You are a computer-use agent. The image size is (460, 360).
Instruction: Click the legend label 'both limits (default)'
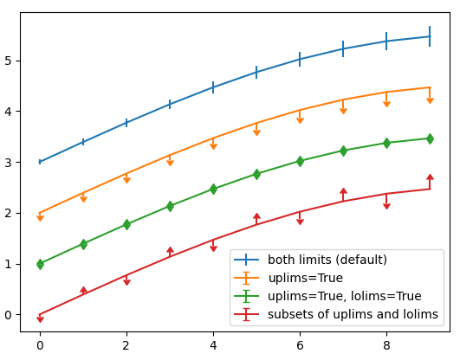click(327, 260)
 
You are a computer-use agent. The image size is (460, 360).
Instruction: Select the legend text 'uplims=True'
click(305, 278)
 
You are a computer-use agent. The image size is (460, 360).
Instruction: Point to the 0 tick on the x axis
click(40, 345)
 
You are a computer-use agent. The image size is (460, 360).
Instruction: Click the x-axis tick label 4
click(213, 345)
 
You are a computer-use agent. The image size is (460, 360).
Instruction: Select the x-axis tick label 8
click(386, 345)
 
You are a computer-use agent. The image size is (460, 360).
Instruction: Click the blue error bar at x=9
click(430, 36)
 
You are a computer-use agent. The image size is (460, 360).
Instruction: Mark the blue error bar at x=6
click(300, 59)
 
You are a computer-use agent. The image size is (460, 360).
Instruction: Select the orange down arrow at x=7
click(343, 111)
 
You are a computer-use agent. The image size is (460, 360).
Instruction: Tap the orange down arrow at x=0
click(40, 218)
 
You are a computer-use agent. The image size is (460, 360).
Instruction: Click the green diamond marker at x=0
click(40, 264)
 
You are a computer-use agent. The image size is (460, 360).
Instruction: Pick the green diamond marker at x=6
click(300, 161)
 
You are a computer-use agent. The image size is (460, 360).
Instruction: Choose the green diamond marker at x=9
click(430, 138)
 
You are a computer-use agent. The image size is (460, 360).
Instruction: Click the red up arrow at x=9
click(430, 177)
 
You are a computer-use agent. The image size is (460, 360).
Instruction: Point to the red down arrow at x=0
click(40, 319)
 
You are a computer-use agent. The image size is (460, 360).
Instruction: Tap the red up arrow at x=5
click(256, 216)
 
